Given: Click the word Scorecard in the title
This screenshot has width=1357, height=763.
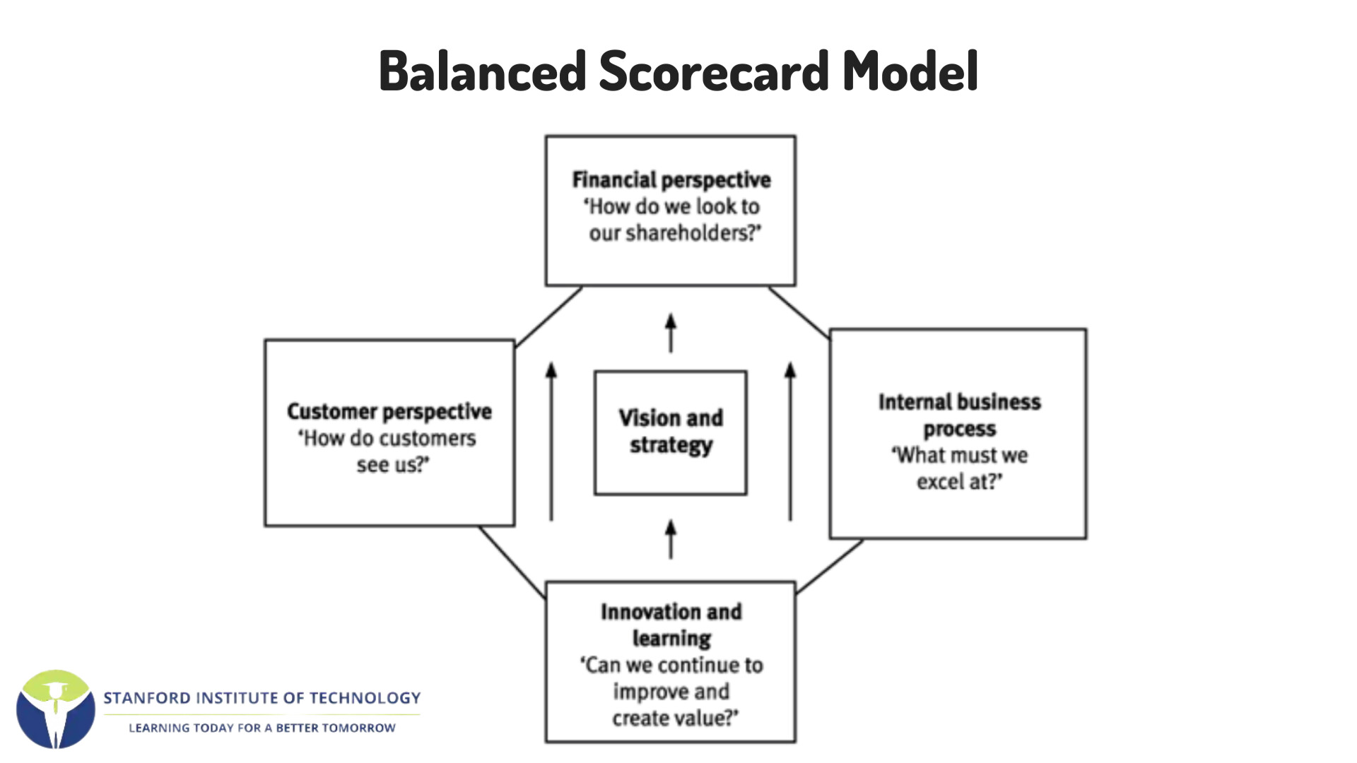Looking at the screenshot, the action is [714, 71].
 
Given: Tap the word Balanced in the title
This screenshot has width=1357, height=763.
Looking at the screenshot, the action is [483, 71].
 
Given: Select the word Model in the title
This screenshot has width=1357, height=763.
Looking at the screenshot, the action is [910, 71].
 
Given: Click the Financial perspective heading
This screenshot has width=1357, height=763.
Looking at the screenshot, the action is [671, 181].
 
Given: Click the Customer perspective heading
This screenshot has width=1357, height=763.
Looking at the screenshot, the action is [389, 412].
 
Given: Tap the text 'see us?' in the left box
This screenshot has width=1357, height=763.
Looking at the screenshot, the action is [392, 465].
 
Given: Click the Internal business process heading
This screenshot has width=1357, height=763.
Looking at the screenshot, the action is [960, 415].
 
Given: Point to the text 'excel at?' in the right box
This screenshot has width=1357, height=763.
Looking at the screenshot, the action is [959, 482].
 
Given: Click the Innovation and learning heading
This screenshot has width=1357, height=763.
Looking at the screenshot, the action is [671, 625].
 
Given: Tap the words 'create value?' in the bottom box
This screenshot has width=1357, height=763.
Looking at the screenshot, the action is [675, 718].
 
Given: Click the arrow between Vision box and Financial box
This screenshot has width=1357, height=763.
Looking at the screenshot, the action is [671, 333].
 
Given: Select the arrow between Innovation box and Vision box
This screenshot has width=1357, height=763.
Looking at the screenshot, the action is [671, 539].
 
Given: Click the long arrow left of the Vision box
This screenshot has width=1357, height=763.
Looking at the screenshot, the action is [551, 442].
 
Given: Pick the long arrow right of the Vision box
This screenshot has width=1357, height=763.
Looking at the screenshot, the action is [790, 442].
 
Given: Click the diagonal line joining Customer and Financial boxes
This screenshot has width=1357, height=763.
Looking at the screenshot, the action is [548, 317].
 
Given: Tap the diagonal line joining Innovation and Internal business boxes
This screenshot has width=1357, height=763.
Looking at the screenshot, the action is [830, 567].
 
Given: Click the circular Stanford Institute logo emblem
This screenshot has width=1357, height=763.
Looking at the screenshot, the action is [56, 709].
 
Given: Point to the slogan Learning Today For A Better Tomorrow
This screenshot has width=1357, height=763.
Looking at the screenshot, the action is [262, 728].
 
